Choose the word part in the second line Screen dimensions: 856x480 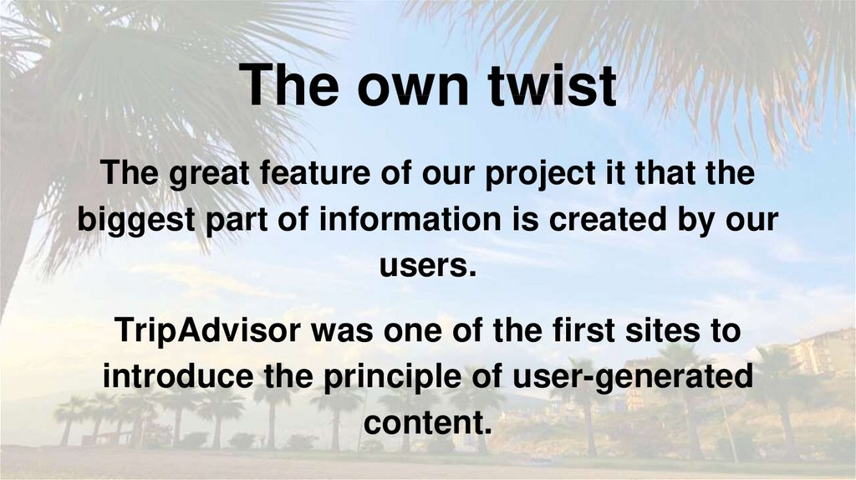[237, 221]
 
